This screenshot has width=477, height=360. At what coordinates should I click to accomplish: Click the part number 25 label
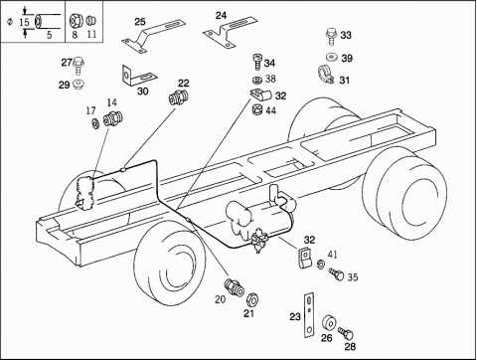coord(140,22)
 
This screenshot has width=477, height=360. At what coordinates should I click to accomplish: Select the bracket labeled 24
coord(230,31)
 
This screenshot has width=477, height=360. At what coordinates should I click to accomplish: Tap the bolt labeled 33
coord(331,36)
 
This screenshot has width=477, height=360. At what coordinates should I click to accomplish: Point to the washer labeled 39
coord(331,58)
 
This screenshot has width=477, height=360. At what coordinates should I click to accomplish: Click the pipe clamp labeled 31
coord(326,76)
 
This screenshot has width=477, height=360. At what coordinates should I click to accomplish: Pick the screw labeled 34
coord(257,62)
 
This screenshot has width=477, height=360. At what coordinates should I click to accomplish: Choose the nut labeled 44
coord(257,109)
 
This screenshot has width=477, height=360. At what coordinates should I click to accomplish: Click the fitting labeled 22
coord(179,96)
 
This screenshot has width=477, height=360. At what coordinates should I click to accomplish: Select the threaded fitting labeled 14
coord(113,119)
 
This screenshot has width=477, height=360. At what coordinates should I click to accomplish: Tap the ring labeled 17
coord(95,124)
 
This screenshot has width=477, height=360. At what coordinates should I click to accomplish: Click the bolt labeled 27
coord(79,66)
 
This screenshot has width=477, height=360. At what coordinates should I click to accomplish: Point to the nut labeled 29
coord(79,85)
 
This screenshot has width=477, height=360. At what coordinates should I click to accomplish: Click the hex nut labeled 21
coord(252,299)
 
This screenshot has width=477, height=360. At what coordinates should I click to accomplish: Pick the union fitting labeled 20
coord(234,286)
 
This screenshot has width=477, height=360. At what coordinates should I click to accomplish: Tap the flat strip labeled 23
coord(309,315)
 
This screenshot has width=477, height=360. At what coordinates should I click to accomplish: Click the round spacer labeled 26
coord(329,322)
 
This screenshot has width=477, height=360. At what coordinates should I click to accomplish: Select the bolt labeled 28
coord(346,333)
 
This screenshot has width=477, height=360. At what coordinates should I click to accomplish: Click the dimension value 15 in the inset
coord(24,22)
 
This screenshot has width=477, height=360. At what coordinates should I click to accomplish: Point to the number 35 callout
coord(353,277)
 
